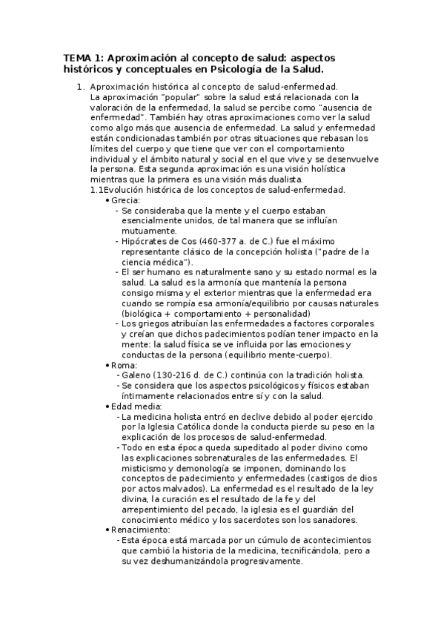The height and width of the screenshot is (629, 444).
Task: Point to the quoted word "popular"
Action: click(x=168, y=96)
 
